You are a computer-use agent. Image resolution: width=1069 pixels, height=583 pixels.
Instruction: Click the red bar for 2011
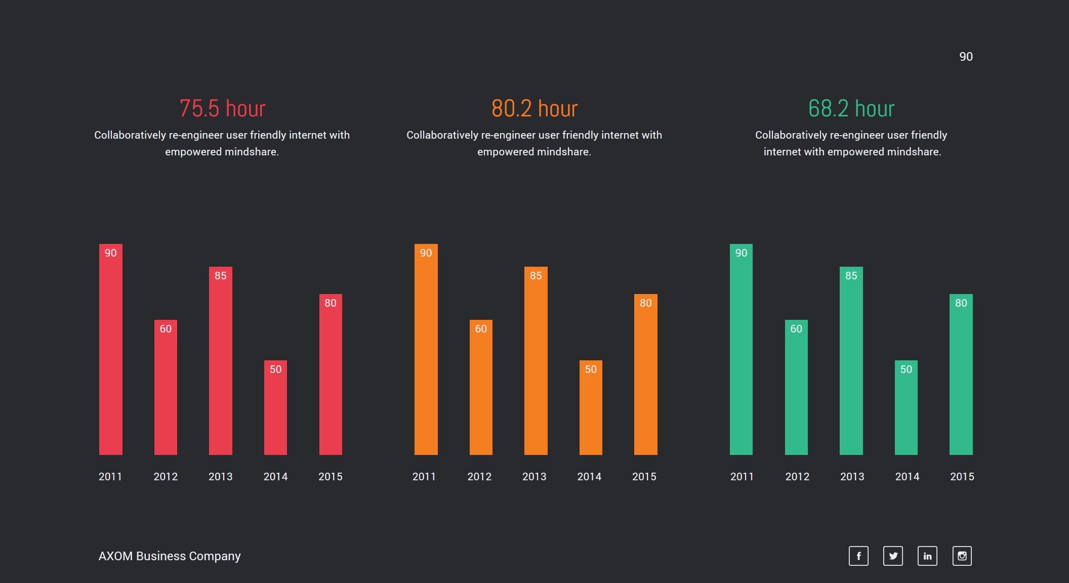pyautogui.click(x=110, y=349)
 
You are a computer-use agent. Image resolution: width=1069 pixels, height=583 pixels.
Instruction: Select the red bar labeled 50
pyautogui.click(x=275, y=407)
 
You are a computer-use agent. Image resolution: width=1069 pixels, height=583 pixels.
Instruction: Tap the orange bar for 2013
pyautogui.click(x=536, y=360)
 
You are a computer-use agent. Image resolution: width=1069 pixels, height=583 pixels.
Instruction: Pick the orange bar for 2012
pyautogui.click(x=481, y=387)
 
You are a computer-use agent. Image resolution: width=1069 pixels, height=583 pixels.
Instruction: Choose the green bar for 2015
pyautogui.click(x=961, y=374)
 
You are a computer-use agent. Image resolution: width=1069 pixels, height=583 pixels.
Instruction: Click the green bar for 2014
pyautogui.click(x=906, y=407)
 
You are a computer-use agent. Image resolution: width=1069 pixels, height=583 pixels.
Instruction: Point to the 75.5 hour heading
pyautogui.click(x=222, y=108)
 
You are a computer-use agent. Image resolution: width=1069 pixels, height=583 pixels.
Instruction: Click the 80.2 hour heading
pyautogui.click(x=534, y=108)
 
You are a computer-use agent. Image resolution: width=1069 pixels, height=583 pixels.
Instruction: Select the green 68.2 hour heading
pyautogui.click(x=851, y=108)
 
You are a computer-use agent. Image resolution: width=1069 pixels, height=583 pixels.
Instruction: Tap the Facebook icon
pyautogui.click(x=858, y=556)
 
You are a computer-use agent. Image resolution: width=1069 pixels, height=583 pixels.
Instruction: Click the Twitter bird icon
pyautogui.click(x=893, y=556)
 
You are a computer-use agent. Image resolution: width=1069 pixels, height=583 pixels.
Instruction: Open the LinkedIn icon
pyautogui.click(x=927, y=556)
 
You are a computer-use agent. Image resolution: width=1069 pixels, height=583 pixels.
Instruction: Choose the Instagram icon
pyautogui.click(x=962, y=556)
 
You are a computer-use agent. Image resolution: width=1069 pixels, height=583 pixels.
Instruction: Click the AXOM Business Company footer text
pyautogui.click(x=170, y=556)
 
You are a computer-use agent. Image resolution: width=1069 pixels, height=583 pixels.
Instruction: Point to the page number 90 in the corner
pyautogui.click(x=966, y=57)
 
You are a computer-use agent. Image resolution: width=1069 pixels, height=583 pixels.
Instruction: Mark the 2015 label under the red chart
pyautogui.click(x=331, y=477)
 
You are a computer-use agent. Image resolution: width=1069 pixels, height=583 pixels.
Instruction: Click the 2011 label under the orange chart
pyautogui.click(x=424, y=477)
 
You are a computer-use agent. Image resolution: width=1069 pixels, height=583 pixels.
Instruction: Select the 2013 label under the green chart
pyautogui.click(x=852, y=477)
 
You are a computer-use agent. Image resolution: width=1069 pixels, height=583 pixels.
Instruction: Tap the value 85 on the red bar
pyautogui.click(x=221, y=276)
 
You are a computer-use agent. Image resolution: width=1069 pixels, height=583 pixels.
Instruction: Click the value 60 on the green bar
pyautogui.click(x=796, y=329)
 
